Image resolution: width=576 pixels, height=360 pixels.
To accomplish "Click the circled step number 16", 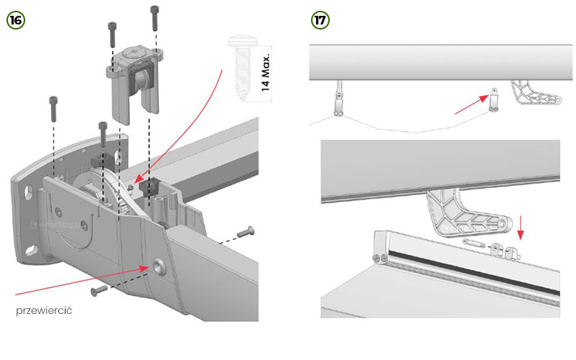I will [x=15, y=19].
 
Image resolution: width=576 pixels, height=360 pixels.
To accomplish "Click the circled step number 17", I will [x=320, y=19].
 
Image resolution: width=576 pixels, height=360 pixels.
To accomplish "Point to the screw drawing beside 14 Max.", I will [x=239, y=64].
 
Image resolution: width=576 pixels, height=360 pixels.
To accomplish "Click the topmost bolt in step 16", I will [x=154, y=17].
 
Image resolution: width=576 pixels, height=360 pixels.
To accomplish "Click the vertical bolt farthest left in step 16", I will [x=52, y=107].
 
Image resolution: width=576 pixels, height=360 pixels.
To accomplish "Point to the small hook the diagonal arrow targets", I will [x=494, y=99].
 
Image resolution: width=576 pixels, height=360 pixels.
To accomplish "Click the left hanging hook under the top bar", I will [x=338, y=102].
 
